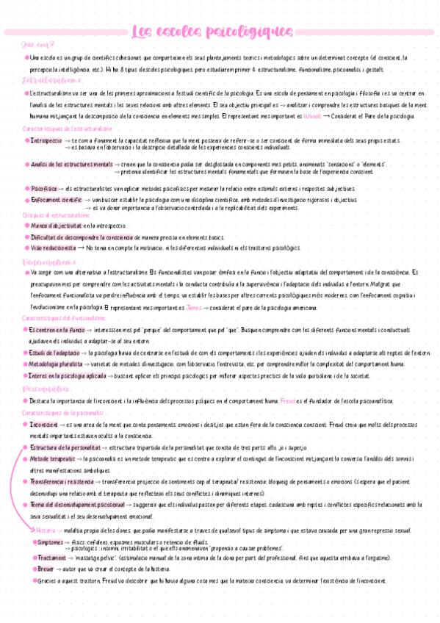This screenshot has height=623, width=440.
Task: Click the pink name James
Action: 193,307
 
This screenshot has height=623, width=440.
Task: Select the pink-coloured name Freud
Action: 287,401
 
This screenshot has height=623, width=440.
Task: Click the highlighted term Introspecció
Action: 46,140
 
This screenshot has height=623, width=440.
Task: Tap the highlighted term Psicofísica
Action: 45,188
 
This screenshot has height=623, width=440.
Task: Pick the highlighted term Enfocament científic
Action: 57,200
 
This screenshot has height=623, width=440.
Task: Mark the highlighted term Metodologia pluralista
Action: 58,364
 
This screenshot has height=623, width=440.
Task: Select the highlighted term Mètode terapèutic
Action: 53,459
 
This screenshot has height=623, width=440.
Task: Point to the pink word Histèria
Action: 45,529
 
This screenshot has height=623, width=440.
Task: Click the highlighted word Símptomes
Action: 51,541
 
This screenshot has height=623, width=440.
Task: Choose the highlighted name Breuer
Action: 46,569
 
